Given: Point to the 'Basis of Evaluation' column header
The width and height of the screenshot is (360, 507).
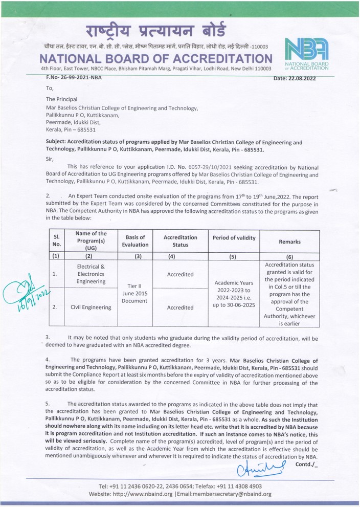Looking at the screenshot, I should click(x=135, y=241).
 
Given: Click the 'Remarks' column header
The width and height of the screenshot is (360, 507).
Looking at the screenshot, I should click(x=290, y=241).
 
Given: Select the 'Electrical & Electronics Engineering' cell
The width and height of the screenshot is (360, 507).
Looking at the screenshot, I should click(x=91, y=274).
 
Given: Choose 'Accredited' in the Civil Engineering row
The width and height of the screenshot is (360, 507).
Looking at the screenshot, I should click(x=180, y=307).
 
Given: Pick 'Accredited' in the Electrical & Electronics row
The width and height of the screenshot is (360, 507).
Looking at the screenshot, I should click(x=180, y=274).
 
